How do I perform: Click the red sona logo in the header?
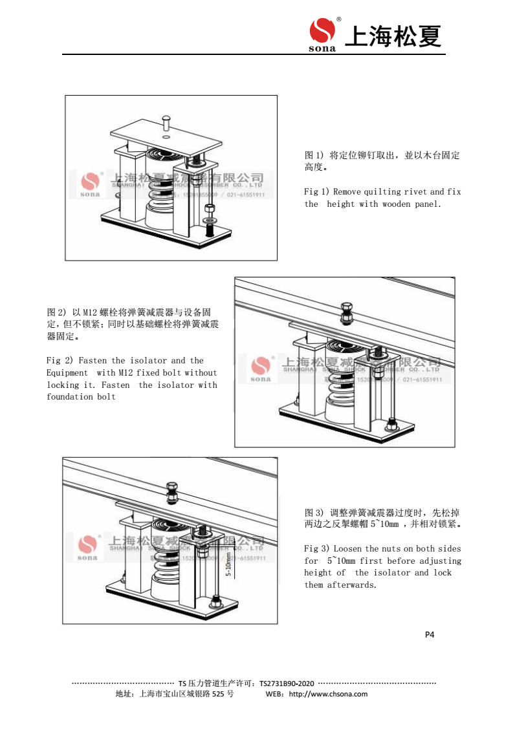coord(322,32)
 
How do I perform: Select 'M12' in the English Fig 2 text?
coord(125,372)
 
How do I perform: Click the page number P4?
coord(430,634)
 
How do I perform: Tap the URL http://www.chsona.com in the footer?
coord(328,694)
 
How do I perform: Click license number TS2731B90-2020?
coord(287,683)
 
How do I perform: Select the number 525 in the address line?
coord(219,694)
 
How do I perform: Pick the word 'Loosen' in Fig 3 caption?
coord(347,548)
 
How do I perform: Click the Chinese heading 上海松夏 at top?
coord(393,36)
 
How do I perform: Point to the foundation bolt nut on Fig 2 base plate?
coord(391,425)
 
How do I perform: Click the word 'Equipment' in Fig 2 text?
coord(67,372)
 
